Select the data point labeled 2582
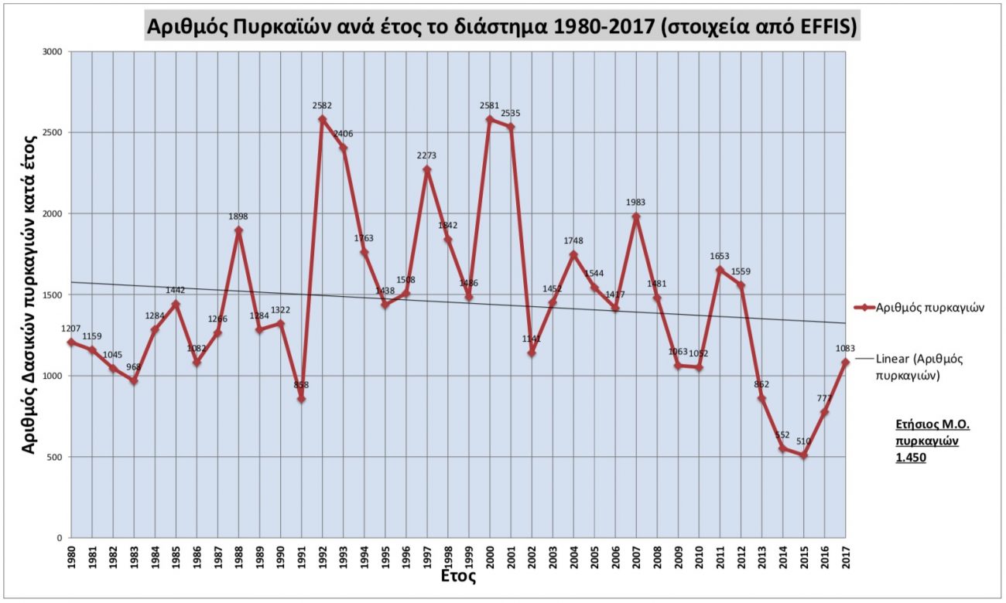(x=323, y=119)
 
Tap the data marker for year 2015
(x=804, y=455)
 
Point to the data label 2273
(x=426, y=155)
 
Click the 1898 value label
(x=238, y=216)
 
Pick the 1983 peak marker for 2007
(x=636, y=216)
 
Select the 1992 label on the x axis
(x=323, y=558)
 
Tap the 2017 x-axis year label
(x=845, y=558)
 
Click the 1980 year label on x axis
(x=71, y=558)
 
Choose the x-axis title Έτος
(x=457, y=577)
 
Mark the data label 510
(x=803, y=441)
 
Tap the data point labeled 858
(x=301, y=399)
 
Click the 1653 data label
(x=720, y=256)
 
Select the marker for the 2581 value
(x=490, y=119)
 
